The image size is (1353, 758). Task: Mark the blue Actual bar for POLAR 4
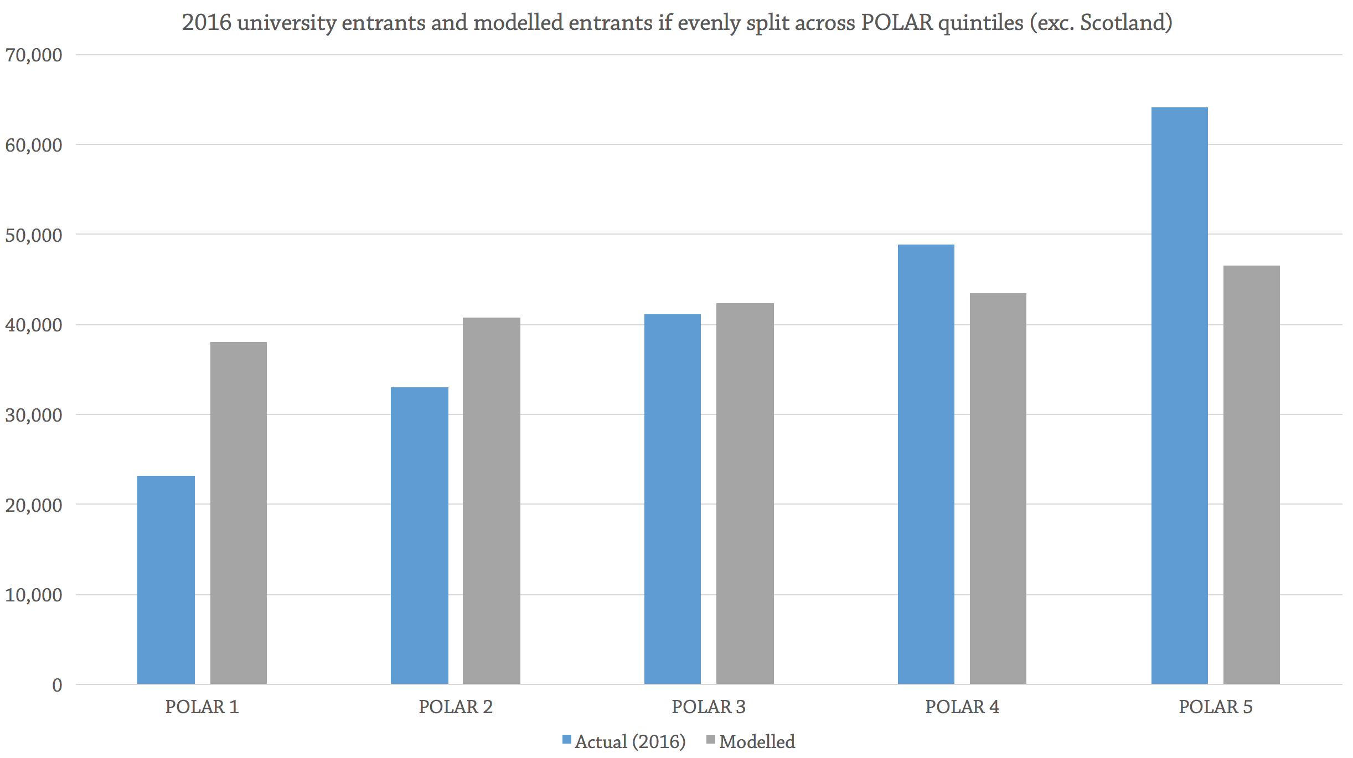[926, 464]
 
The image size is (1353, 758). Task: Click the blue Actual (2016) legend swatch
[566, 740]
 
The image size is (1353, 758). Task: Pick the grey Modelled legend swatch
[711, 740]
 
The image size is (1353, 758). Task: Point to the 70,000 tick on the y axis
[33, 55]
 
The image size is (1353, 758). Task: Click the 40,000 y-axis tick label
[33, 325]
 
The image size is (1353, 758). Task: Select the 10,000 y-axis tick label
[33, 595]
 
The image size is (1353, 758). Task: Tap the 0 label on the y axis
[57, 686]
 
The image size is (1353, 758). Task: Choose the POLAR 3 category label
[709, 707]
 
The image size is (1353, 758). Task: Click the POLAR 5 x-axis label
[1215, 707]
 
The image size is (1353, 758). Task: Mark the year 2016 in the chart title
[206, 23]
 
